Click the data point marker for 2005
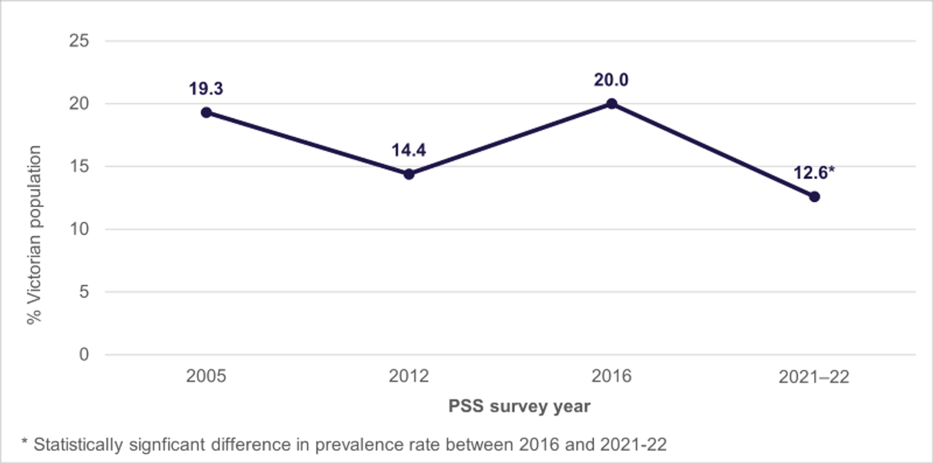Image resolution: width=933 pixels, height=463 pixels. tap(207, 112)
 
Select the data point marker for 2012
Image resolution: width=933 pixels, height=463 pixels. tap(409, 174)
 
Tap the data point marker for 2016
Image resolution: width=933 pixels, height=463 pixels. tap(612, 104)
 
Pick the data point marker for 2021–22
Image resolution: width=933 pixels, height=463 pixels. tap(815, 197)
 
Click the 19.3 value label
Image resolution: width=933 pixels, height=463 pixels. tap(206, 89)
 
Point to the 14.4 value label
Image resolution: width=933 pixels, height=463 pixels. tap(409, 150)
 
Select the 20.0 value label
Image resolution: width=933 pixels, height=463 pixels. tap(612, 80)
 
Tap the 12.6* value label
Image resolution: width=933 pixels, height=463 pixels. tap(814, 173)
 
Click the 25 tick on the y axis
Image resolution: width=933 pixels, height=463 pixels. tap(80, 41)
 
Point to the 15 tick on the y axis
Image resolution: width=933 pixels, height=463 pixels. tap(80, 166)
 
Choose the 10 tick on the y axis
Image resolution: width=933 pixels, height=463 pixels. tap(80, 229)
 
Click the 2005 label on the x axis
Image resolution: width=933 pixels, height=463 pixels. tap(206, 377)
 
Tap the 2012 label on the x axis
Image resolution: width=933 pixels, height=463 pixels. tap(409, 377)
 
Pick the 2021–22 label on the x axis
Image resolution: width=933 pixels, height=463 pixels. tap(814, 377)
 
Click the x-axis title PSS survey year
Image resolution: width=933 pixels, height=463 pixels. tap(519, 406)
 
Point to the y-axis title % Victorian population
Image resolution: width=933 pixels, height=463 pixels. tap(35, 235)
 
